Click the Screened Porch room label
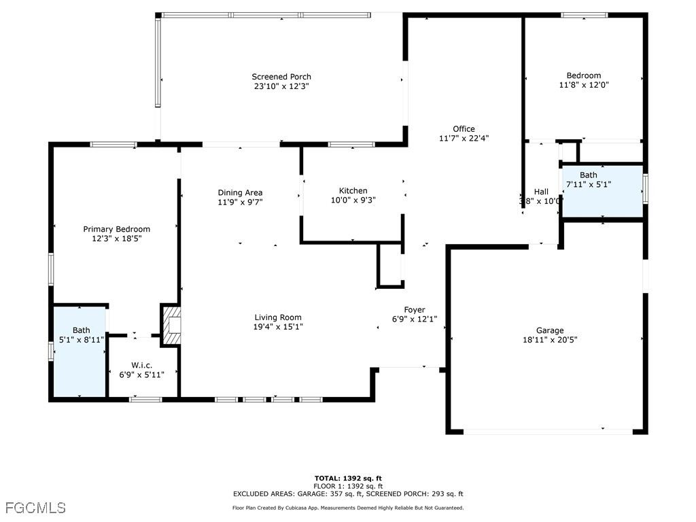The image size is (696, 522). pyautogui.click(x=281, y=77)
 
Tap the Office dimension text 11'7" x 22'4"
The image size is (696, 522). pyautogui.click(x=464, y=138)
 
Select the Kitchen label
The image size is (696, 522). pyautogui.click(x=353, y=191)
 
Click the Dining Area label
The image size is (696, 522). pyautogui.click(x=240, y=192)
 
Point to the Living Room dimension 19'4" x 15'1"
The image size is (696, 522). pyautogui.click(x=278, y=327)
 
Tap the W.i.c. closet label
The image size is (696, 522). pyautogui.click(x=142, y=366)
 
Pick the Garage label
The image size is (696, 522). pyautogui.click(x=549, y=331)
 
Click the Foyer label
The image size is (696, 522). pyautogui.click(x=415, y=310)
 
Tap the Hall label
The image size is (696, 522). pyautogui.click(x=541, y=192)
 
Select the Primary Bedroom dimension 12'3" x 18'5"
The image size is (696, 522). pyautogui.click(x=116, y=239)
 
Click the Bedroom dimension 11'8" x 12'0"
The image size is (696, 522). pyautogui.click(x=583, y=85)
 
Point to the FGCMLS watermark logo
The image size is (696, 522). pyautogui.click(x=35, y=508)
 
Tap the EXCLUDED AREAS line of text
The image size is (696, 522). pyautogui.click(x=347, y=494)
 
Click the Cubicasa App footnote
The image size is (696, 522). pyautogui.click(x=347, y=508)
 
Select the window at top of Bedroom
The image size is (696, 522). pyautogui.click(x=584, y=15)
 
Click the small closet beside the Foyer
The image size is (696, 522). pyautogui.click(x=390, y=266)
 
